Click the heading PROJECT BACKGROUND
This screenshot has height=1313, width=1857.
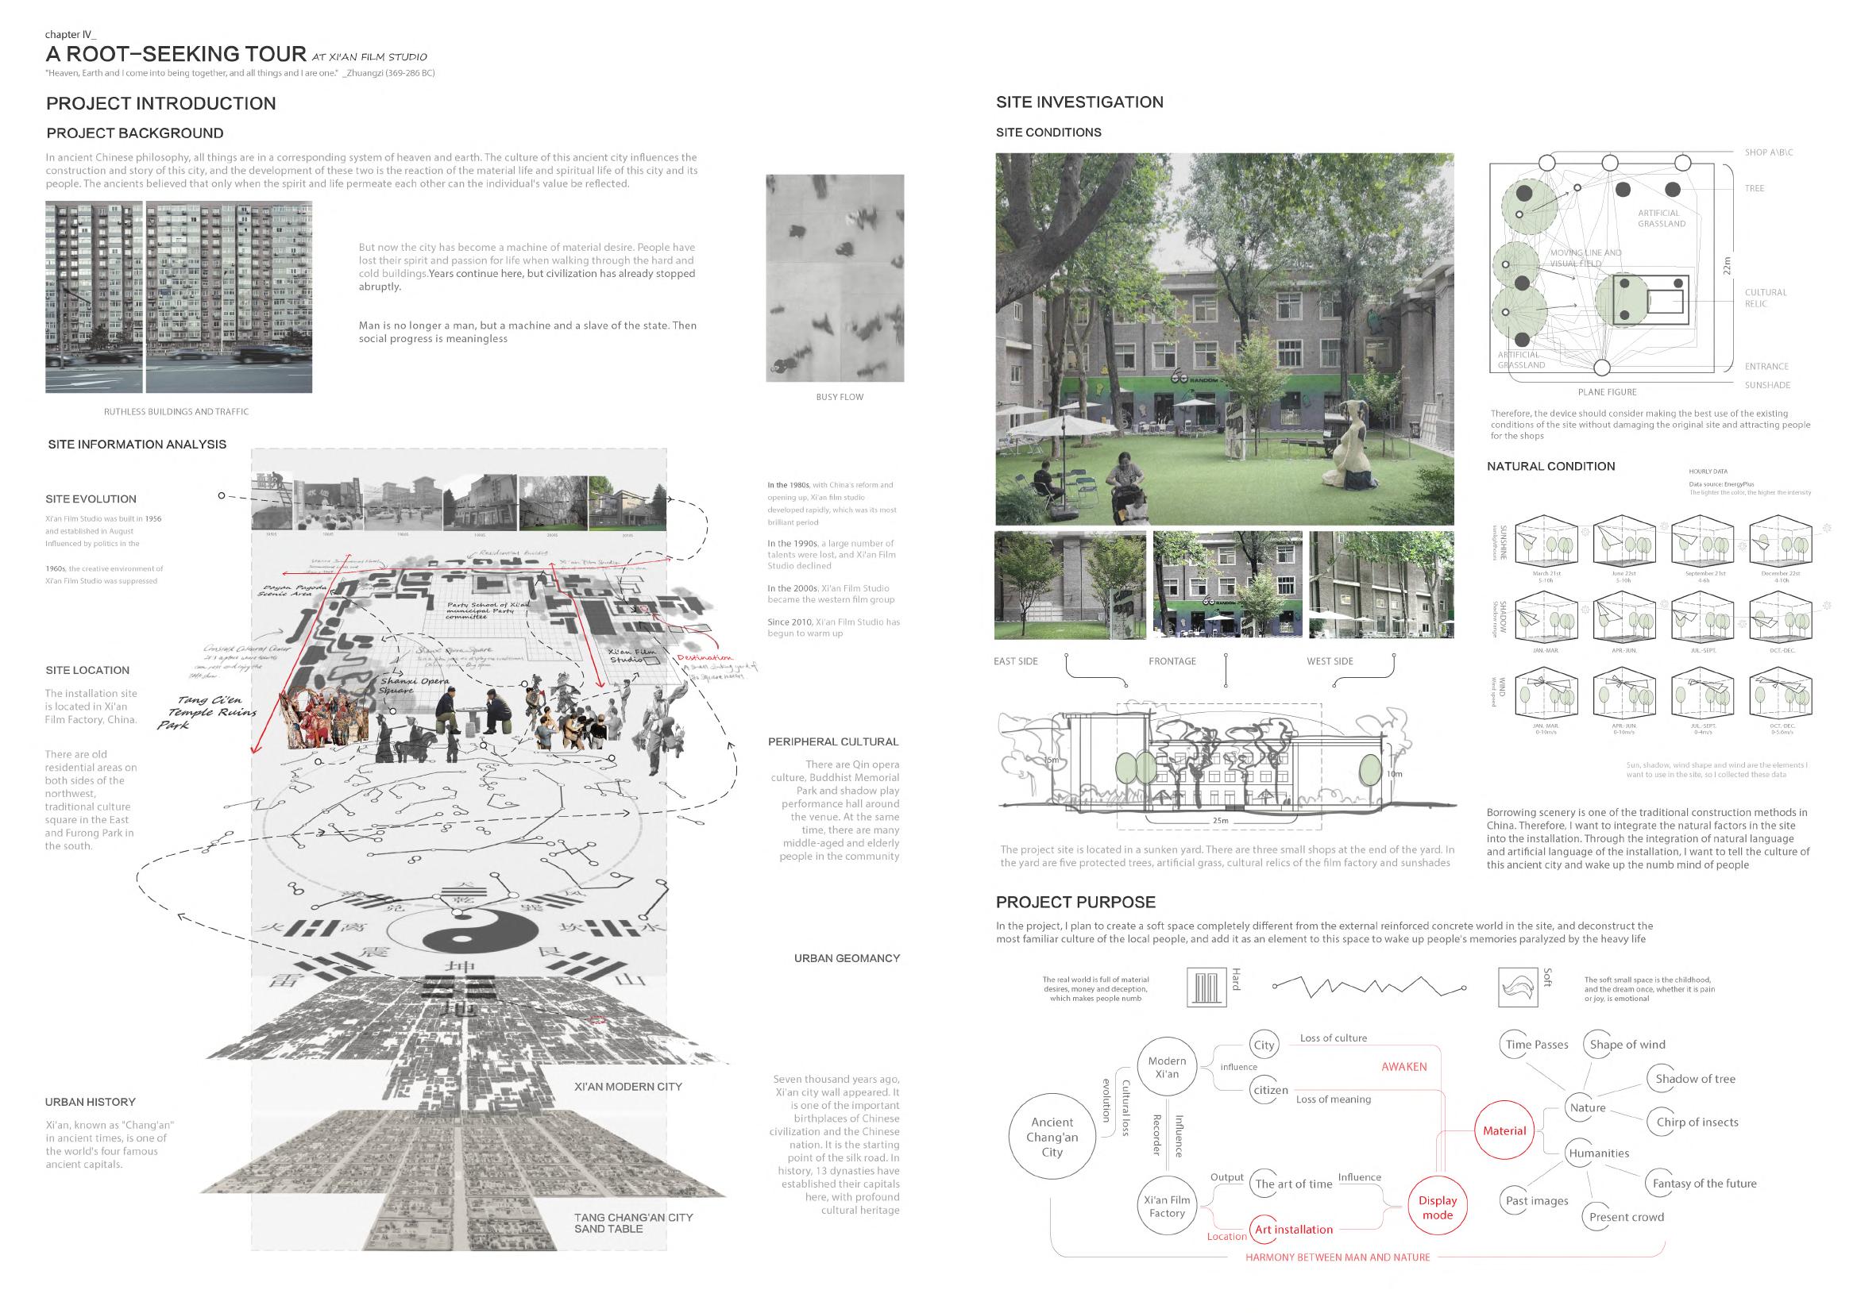click(x=135, y=133)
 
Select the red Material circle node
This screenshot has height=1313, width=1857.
click(x=1504, y=1131)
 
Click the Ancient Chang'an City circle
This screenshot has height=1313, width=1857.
click(x=1052, y=1137)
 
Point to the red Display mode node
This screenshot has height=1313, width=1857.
click(x=1438, y=1207)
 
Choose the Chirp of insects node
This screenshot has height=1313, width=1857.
click(x=1697, y=1122)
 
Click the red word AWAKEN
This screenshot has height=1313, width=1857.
click(x=1403, y=1067)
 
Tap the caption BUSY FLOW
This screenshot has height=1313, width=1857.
click(x=839, y=397)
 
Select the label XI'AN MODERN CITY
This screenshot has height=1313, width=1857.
click(x=627, y=1087)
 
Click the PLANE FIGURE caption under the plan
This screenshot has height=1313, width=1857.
click(x=1606, y=392)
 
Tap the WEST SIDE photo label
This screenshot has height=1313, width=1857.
click(x=1330, y=661)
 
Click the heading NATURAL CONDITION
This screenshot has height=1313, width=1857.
click(x=1550, y=467)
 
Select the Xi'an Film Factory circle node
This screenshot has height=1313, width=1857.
click(x=1166, y=1207)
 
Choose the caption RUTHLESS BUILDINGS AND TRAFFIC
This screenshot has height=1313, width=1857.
click(x=176, y=411)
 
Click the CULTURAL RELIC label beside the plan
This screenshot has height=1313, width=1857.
click(x=1766, y=298)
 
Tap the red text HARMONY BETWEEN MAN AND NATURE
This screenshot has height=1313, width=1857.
click(x=1337, y=1257)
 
